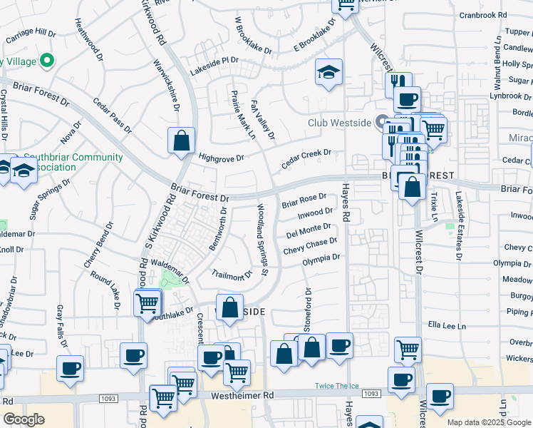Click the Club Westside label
339,123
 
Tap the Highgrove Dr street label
221,158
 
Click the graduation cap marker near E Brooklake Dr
328,72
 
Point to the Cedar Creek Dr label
306,158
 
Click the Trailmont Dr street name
232,274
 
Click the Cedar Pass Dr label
112,116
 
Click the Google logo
24,419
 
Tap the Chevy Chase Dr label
310,246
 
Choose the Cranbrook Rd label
483,14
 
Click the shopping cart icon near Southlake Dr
148,302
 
